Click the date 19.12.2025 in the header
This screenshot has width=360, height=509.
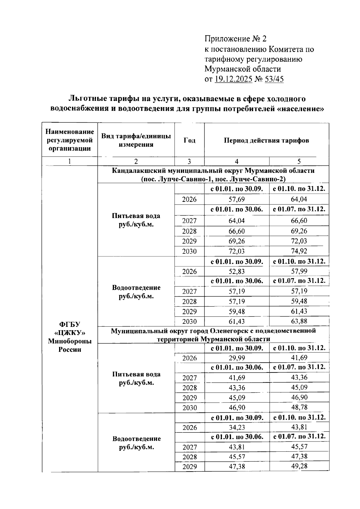coord(233,79)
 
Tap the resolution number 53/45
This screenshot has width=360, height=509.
coord(274,79)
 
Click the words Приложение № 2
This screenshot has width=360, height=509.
coord(235,39)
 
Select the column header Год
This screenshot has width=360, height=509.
coord(189,140)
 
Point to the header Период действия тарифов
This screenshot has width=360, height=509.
coord(266,140)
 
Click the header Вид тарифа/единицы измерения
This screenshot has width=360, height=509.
coord(136,140)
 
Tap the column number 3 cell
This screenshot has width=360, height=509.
coord(189,161)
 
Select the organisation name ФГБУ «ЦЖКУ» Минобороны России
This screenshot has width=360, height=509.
coord(70,337)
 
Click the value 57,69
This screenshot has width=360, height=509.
coord(237,199)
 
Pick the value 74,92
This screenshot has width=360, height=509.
coord(299,251)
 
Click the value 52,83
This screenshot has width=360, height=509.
coord(237,271)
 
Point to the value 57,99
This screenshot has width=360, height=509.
coord(299,271)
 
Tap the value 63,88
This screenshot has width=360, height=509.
coord(299,321)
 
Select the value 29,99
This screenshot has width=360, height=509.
coord(237,358)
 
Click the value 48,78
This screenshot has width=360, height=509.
coord(299,407)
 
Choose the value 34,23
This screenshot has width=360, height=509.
coord(237,427)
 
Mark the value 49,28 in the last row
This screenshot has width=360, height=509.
coord(299,466)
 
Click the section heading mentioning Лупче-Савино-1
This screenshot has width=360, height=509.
coord(213,179)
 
